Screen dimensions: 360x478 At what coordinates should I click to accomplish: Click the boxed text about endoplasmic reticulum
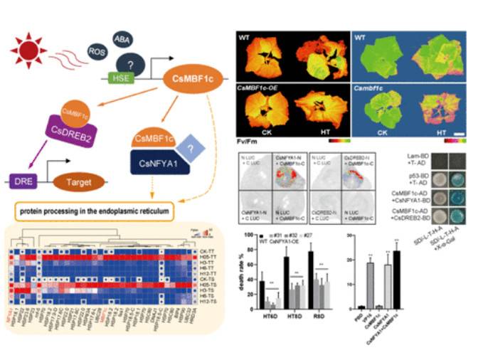[x=107, y=211]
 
